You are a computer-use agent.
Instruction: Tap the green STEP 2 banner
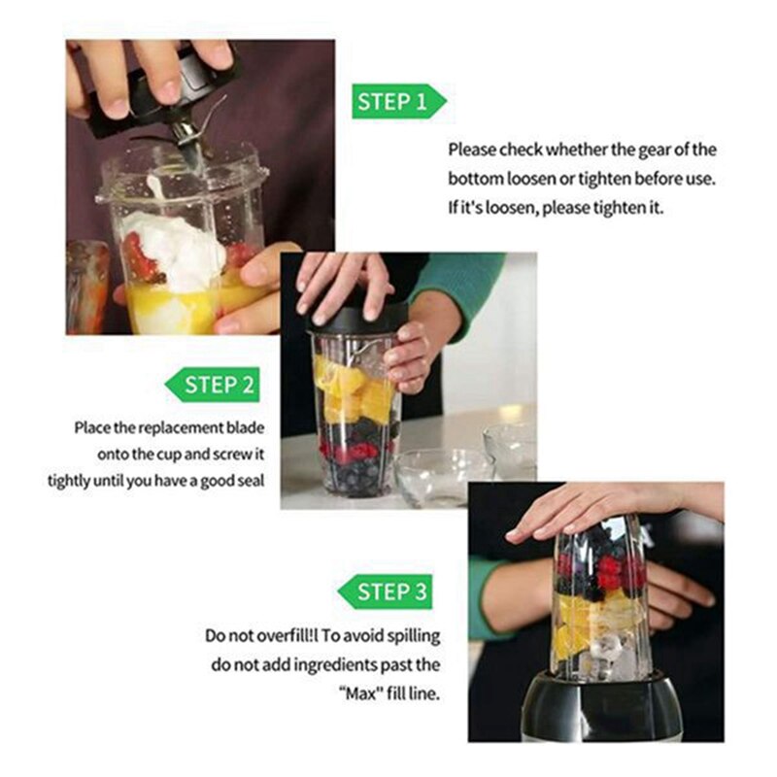coord(213,385)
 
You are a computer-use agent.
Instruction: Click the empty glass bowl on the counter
coord(442,476)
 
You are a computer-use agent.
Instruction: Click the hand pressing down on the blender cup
coord(602,505)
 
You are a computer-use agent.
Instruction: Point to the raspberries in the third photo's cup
coord(607,568)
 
